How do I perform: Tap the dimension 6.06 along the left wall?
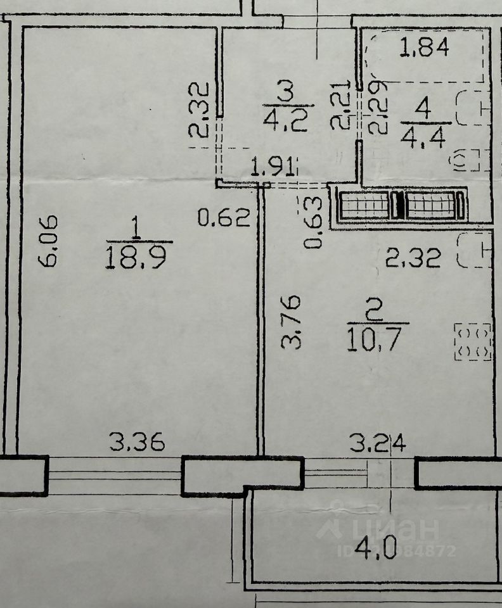(x=50, y=241)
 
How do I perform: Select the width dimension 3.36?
(x=137, y=441)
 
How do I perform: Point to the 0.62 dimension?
(x=224, y=218)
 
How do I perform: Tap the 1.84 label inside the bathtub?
(x=425, y=47)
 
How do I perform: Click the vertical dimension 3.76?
(x=292, y=321)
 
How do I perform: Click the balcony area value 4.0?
(x=380, y=548)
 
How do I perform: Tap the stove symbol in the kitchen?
(x=473, y=342)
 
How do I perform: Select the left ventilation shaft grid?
(x=364, y=205)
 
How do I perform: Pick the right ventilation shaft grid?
(x=431, y=205)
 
